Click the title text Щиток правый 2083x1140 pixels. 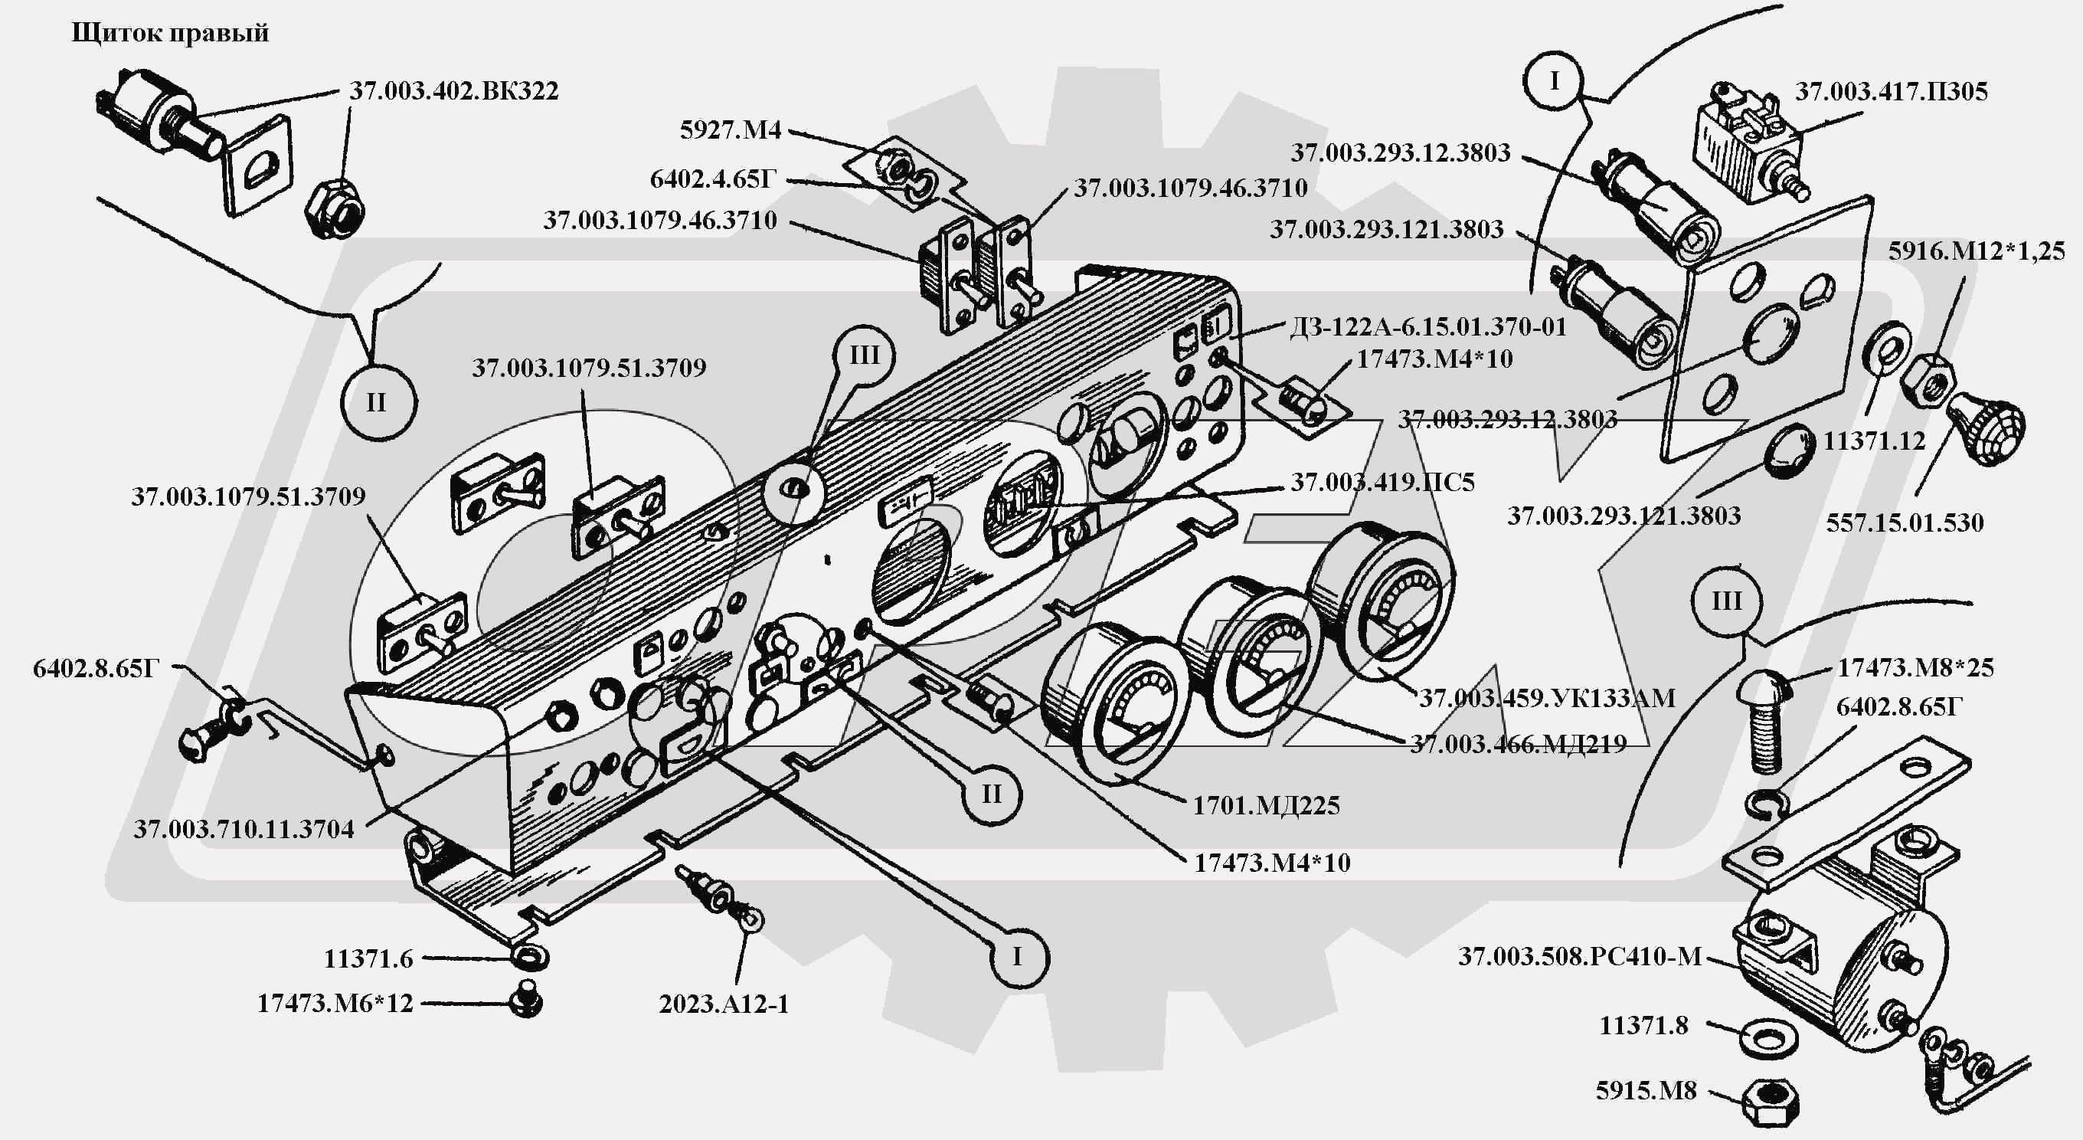[x=170, y=33]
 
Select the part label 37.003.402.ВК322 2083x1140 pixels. [x=453, y=90]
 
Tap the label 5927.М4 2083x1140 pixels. [x=730, y=130]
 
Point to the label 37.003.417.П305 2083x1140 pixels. [x=1891, y=91]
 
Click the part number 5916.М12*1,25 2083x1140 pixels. [x=1977, y=251]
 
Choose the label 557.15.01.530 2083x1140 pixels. [x=1905, y=522]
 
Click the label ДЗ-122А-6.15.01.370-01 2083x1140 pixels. [x=1427, y=327]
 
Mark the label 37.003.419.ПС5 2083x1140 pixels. [x=1382, y=482]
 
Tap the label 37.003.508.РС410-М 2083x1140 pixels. [x=1580, y=956]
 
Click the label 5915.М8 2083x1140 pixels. [x=1646, y=1091]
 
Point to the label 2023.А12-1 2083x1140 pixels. [x=724, y=1004]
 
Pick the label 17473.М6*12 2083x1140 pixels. [x=335, y=1004]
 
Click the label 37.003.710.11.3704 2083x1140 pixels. [x=244, y=829]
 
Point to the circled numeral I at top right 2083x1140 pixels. [x=1553, y=81]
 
